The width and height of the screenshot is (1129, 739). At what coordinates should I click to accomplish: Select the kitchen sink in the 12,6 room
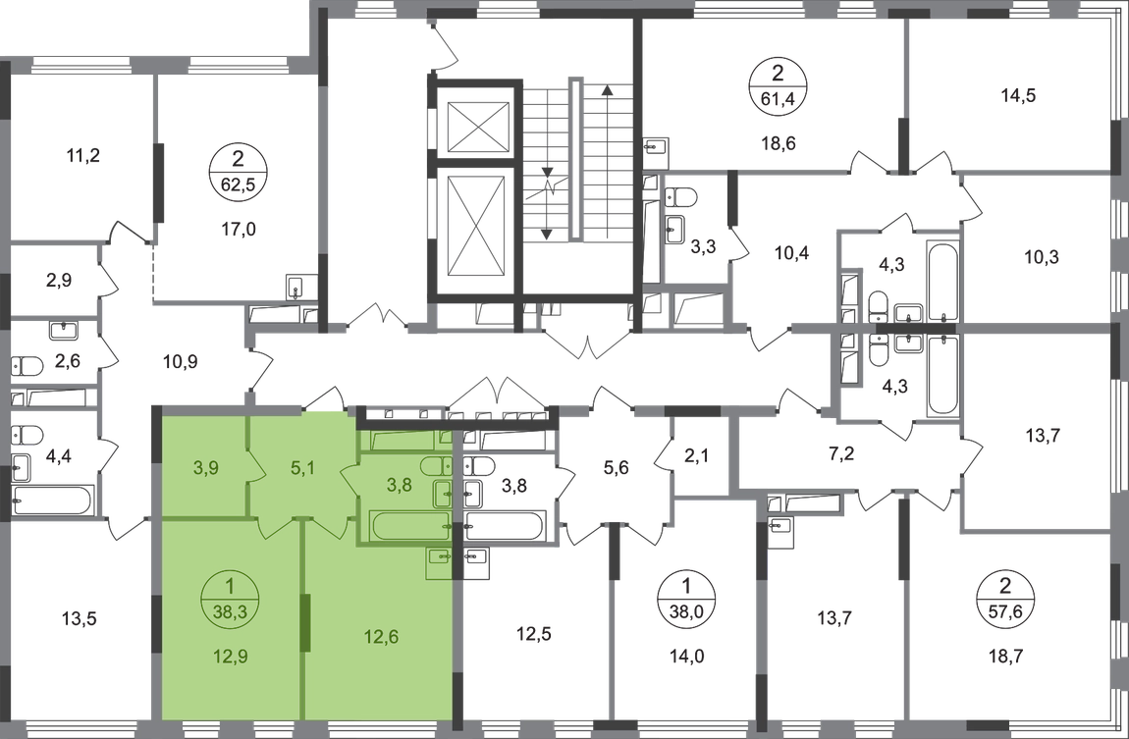440,559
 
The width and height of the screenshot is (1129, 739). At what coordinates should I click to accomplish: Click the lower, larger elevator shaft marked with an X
475,231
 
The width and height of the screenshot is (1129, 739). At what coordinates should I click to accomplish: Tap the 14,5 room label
1016,95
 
